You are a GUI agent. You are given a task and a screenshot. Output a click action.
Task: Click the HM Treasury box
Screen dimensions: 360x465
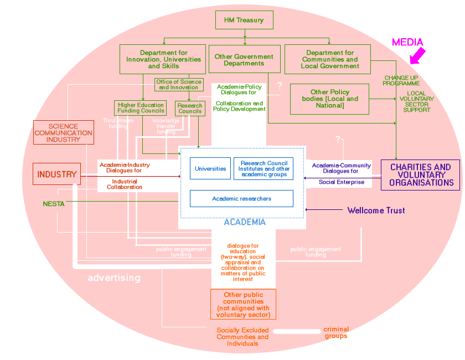(244, 20)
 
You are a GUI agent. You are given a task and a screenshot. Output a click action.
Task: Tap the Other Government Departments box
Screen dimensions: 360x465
(244, 59)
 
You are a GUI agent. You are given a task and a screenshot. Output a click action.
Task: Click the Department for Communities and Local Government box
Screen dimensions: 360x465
(330, 59)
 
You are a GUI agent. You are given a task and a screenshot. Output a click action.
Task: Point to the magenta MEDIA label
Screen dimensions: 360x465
(407, 42)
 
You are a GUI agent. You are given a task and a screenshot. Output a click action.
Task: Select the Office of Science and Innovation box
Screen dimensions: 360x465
(178, 85)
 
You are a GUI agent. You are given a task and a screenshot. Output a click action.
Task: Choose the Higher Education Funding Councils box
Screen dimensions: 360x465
(141, 108)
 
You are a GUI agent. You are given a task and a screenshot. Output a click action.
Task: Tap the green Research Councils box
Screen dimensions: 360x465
(190, 108)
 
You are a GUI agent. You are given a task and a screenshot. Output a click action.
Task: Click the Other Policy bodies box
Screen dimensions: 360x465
(330, 99)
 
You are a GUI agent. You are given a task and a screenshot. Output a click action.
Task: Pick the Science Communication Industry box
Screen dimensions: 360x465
(63, 133)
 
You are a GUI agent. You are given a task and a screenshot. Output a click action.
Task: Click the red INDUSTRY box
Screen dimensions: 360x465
(57, 174)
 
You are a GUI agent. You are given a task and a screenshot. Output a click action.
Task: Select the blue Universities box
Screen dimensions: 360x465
(210, 169)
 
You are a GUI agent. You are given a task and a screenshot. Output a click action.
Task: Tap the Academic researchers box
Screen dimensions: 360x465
(241, 198)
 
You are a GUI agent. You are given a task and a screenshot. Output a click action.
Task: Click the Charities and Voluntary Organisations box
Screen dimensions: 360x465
(420, 175)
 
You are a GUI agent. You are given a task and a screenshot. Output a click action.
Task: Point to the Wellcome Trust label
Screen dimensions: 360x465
(376, 210)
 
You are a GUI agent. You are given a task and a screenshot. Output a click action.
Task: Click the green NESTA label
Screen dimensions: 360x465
(54, 204)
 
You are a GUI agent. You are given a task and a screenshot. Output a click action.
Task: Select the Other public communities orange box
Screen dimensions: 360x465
(243, 305)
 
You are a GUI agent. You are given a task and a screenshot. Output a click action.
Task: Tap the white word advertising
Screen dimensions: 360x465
(114, 277)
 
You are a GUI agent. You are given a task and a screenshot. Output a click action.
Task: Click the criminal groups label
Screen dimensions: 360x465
(336, 332)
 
